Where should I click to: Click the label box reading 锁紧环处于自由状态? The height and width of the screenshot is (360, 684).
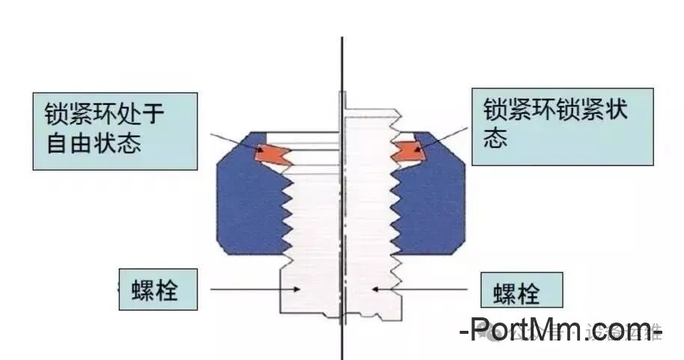point(115,132)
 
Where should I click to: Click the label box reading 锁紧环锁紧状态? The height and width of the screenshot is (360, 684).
point(562,127)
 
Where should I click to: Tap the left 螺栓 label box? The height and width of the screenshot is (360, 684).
point(158,289)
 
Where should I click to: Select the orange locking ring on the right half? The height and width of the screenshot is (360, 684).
point(409,150)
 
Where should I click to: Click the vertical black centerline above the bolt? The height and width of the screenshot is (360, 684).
point(342,67)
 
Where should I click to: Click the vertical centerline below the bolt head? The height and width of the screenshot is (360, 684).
point(342,341)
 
